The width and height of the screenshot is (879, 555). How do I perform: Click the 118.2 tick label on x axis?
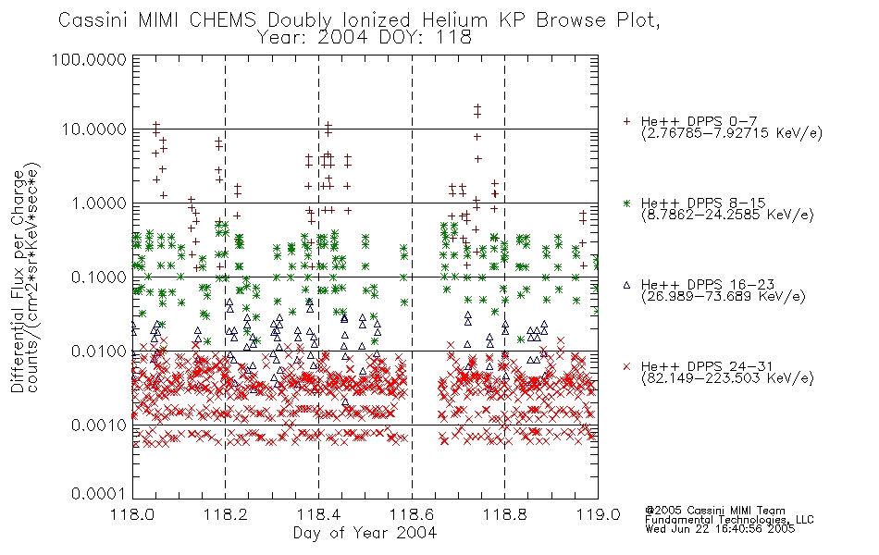(x=226, y=514)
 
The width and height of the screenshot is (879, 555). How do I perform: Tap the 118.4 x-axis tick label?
(x=318, y=514)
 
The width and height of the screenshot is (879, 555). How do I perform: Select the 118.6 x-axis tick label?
(x=412, y=514)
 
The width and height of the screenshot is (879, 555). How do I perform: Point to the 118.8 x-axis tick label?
(x=504, y=514)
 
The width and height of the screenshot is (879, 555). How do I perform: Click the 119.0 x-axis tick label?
(x=598, y=514)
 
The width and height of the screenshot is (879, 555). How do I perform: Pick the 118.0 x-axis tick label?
(x=133, y=514)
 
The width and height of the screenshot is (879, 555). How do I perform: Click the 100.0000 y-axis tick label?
(x=89, y=59)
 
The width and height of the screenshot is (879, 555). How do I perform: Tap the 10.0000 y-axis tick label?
(x=94, y=129)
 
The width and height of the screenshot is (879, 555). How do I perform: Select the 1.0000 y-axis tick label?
(x=99, y=203)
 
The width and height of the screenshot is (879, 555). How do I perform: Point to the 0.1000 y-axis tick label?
(x=99, y=277)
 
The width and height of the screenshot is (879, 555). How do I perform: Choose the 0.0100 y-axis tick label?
(x=99, y=351)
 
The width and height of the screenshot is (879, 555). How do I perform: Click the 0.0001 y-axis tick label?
(x=99, y=493)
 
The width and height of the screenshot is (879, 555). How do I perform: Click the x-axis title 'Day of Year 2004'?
(x=365, y=533)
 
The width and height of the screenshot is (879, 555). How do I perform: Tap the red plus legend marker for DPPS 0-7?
(x=626, y=121)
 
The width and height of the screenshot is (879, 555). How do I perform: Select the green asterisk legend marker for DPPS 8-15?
(x=626, y=203)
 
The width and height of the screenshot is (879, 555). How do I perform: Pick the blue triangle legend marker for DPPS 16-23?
(x=626, y=285)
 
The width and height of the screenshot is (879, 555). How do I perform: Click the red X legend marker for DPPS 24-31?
(x=626, y=366)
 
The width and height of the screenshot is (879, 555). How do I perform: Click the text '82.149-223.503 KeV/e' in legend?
(x=727, y=378)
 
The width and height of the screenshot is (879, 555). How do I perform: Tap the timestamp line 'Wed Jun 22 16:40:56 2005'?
(x=720, y=529)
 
